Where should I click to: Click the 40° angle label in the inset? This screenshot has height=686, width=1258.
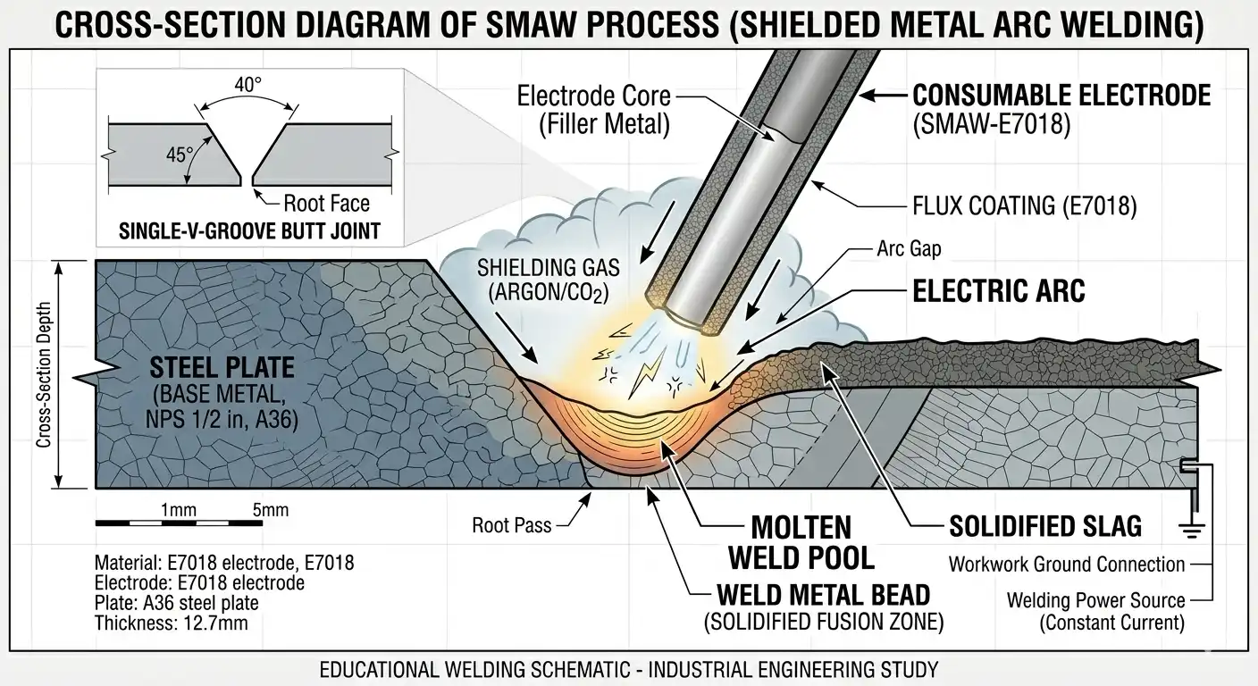(247, 86)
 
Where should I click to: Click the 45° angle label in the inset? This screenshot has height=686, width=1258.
(180, 154)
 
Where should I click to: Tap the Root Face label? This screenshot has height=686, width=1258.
(326, 203)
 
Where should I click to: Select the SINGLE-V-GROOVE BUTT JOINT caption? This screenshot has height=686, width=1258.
(249, 231)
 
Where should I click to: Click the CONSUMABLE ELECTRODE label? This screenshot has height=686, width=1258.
(1061, 96)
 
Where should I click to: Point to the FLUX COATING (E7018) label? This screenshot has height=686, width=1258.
(1025, 206)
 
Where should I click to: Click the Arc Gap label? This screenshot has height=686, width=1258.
(909, 249)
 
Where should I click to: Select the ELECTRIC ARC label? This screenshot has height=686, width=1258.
(999, 291)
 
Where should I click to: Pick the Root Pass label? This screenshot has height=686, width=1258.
(512, 526)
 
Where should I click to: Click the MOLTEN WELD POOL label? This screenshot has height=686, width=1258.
(801, 541)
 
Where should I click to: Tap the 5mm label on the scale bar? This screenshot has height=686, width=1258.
(271, 511)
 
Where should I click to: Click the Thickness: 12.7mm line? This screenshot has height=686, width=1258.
(171, 623)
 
